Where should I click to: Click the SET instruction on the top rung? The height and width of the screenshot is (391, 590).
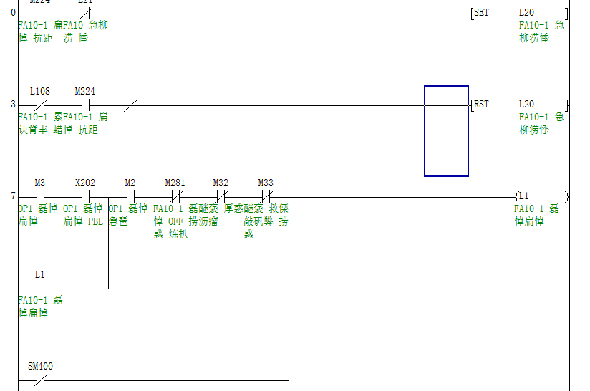pos(481,13)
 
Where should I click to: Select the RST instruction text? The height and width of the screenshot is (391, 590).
pos(481,105)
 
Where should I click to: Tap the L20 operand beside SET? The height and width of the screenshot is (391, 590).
pos(526,13)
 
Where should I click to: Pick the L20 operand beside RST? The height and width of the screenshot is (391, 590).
pos(526,105)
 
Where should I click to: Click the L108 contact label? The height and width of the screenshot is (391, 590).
pos(39,92)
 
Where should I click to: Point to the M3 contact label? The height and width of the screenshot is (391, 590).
pos(40,183)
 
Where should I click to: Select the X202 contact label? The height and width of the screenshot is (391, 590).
pos(85,183)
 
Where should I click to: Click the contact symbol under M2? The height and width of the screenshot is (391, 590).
pos(130,195)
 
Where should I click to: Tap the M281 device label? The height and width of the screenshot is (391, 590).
pos(175,183)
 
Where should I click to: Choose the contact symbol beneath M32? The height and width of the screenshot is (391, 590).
pos(221,195)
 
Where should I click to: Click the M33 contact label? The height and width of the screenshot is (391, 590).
pos(266,183)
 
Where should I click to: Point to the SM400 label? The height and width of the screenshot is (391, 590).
pos(40,367)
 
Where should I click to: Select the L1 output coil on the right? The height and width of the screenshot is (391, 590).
pos(523,195)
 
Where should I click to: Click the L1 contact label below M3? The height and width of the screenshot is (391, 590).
pos(40,275)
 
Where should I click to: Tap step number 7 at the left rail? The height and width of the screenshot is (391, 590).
pos(13,195)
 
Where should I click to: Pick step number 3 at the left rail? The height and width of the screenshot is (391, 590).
pos(13,105)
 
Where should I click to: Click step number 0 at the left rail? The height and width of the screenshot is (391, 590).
pos(13,13)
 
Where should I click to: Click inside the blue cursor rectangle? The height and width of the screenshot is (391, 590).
pos(446,131)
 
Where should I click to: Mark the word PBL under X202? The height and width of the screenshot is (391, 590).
pos(95,221)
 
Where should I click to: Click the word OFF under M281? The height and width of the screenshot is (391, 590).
pos(176,221)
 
